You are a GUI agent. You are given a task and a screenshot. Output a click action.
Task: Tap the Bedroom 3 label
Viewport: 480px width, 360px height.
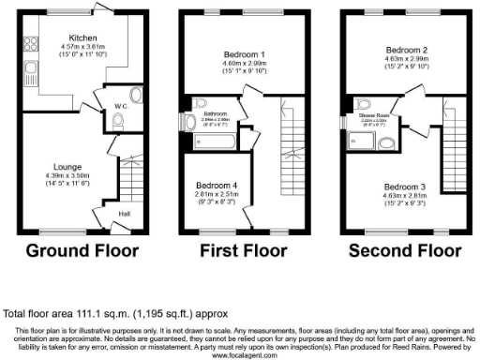[385, 187]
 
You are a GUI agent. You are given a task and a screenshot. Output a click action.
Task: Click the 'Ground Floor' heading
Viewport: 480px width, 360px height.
[82, 250]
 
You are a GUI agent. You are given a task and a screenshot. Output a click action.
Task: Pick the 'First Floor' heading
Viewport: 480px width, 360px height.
[242, 250]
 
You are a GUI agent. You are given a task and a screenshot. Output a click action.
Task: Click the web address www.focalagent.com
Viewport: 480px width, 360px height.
[240, 355]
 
